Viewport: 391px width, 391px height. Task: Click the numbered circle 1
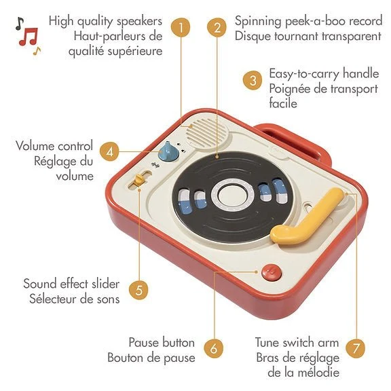click(x=181, y=27)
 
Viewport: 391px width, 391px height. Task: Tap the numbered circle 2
click(x=217, y=27)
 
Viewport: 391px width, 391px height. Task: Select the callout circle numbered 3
click(x=253, y=80)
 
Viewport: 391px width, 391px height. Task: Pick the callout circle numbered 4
click(x=109, y=151)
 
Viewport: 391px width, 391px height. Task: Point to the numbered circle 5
click(x=138, y=290)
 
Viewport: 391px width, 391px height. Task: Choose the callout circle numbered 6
click(x=214, y=348)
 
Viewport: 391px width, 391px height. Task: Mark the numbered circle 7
click(x=356, y=348)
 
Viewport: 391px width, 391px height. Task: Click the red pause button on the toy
click(x=272, y=272)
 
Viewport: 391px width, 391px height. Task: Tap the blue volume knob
click(x=168, y=151)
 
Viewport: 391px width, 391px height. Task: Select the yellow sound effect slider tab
click(x=138, y=180)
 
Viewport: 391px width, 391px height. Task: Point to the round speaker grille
click(x=207, y=133)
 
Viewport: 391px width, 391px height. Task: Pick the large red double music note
click(x=29, y=37)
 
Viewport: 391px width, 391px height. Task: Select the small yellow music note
click(x=37, y=51)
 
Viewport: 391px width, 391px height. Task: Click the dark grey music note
click(x=19, y=24)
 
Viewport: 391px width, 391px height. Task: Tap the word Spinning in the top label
click(x=258, y=21)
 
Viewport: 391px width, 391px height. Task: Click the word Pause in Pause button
click(x=144, y=342)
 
